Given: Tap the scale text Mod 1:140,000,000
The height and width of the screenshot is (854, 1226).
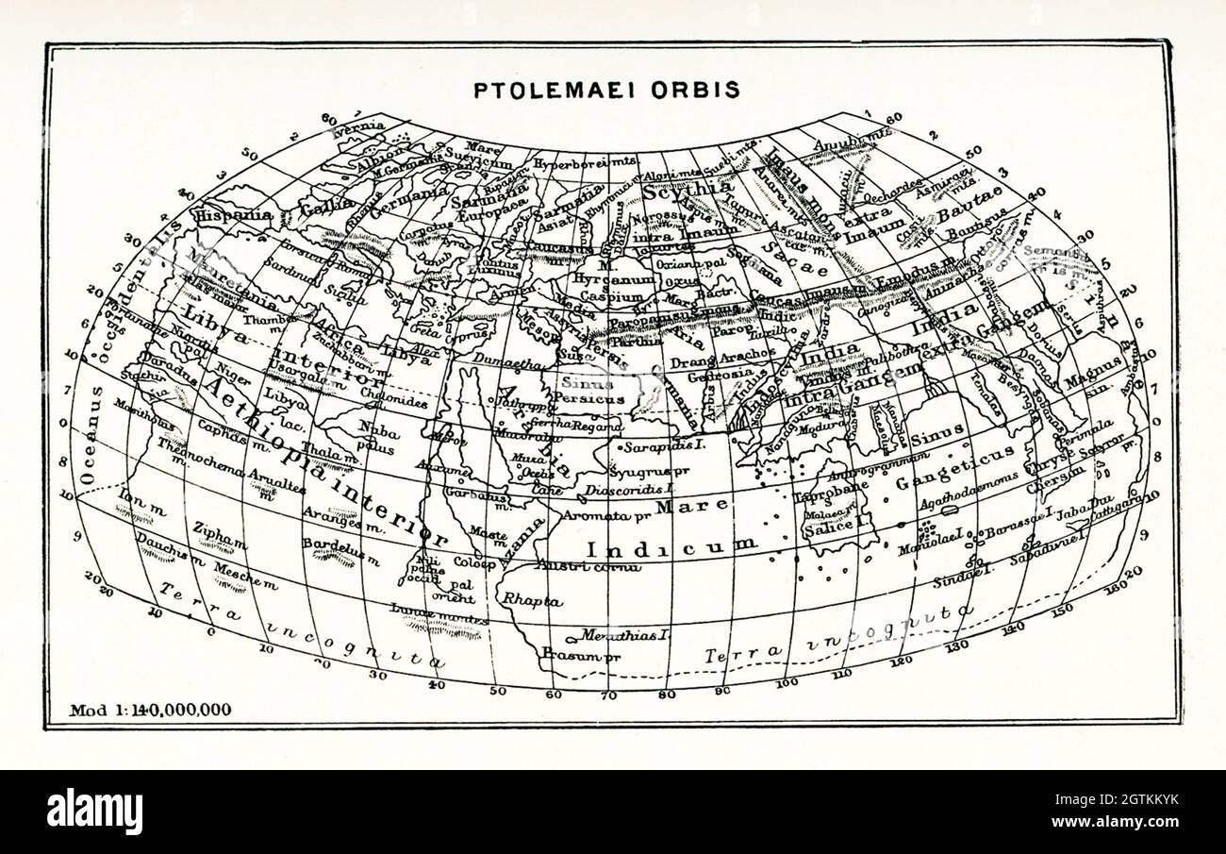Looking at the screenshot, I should (x=151, y=710).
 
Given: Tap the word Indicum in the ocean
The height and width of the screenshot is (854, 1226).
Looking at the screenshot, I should (x=671, y=545).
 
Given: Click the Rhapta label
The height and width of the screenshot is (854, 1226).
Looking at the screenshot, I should (x=532, y=600).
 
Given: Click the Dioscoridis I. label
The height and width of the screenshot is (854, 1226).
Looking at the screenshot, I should (x=629, y=490).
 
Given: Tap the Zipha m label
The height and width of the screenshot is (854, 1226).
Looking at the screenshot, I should (x=220, y=535).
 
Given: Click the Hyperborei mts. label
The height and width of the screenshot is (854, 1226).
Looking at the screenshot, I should (x=587, y=161).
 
